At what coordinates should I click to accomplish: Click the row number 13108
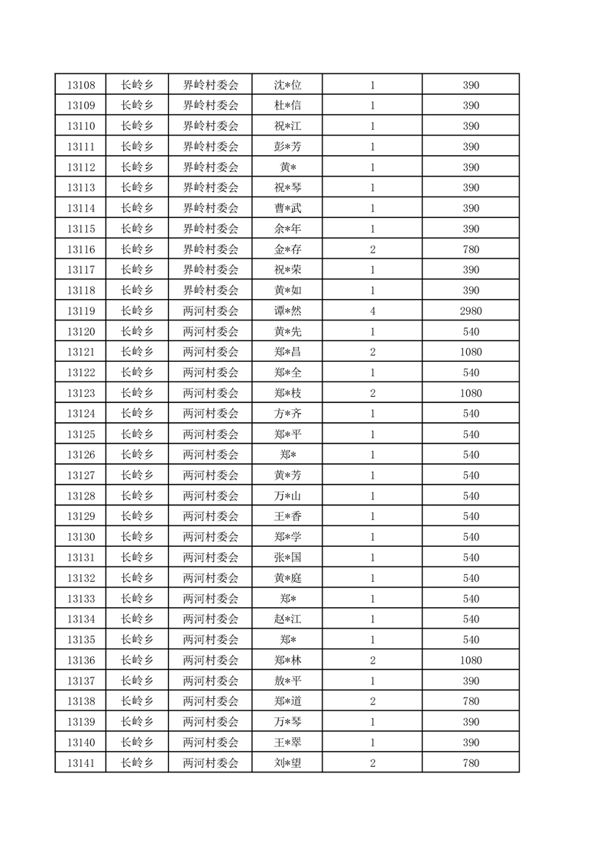80,85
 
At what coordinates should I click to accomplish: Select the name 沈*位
287,85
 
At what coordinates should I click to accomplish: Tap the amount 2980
471,311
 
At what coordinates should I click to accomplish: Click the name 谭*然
287,311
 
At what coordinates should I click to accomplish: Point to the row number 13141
80,762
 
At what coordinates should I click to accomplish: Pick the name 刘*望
287,762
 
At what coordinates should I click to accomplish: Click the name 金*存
287,249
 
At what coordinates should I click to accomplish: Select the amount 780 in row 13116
471,249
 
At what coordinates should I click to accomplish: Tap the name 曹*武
287,208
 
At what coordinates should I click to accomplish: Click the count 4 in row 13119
372,311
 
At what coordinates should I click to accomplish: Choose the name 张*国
287,557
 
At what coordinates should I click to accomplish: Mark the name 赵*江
287,619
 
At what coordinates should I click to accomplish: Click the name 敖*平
287,681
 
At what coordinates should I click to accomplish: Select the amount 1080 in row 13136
471,660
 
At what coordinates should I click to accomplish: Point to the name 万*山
287,496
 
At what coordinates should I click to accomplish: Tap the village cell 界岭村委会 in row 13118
210,291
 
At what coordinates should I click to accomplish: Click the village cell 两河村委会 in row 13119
210,311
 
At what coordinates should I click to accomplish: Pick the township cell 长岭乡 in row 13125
138,434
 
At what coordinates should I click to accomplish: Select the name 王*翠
287,742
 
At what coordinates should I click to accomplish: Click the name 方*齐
287,414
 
